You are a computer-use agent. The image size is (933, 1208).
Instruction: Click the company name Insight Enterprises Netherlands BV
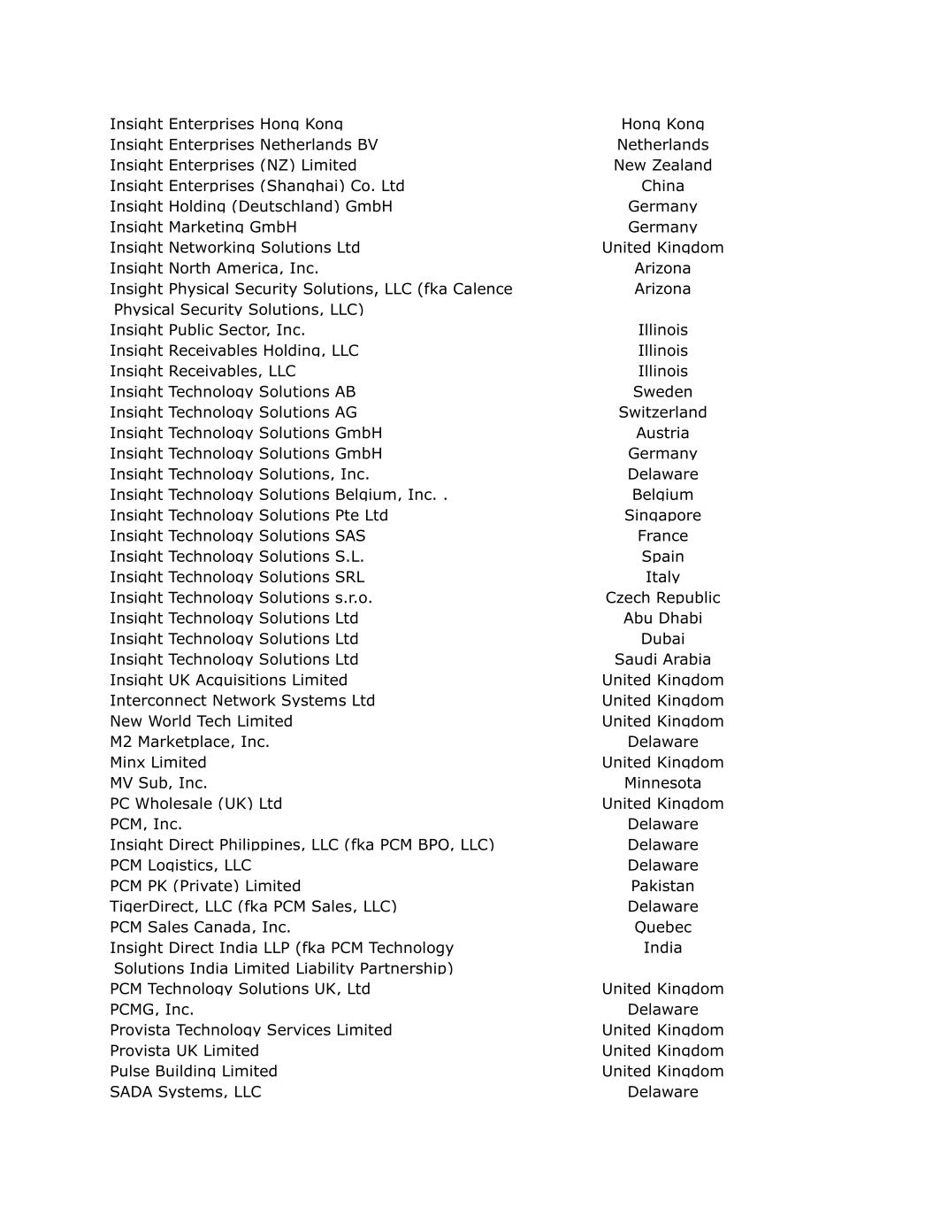click(243, 145)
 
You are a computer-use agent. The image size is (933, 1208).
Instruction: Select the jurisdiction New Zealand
click(662, 165)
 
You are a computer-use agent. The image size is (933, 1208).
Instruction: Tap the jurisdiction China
click(662, 186)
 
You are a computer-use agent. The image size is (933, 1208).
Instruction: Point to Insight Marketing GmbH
click(203, 227)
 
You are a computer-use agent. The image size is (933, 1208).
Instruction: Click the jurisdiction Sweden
click(662, 392)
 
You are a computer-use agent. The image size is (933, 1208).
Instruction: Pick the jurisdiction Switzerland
click(662, 412)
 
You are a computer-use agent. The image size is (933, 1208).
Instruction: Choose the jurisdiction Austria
click(662, 433)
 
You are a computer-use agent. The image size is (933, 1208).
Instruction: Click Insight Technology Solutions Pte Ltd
click(249, 515)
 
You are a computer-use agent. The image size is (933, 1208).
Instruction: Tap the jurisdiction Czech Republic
click(662, 597)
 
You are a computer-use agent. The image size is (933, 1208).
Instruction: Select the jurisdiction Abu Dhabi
click(662, 619)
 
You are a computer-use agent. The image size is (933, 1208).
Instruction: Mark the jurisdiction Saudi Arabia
click(662, 659)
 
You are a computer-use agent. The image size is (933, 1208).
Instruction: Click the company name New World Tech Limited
click(201, 721)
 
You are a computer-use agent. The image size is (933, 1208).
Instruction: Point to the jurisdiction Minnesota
click(662, 783)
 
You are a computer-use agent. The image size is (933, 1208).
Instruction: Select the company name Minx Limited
click(157, 763)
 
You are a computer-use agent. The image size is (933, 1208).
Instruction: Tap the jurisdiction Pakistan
click(662, 886)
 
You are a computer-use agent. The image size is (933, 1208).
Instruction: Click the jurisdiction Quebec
click(662, 927)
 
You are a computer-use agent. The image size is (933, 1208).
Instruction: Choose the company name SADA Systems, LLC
click(185, 1092)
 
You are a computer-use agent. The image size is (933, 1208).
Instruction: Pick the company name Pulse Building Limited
click(193, 1072)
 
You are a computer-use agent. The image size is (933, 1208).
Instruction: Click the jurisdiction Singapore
click(662, 515)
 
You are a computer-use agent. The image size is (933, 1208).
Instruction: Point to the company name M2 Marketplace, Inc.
click(189, 742)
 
